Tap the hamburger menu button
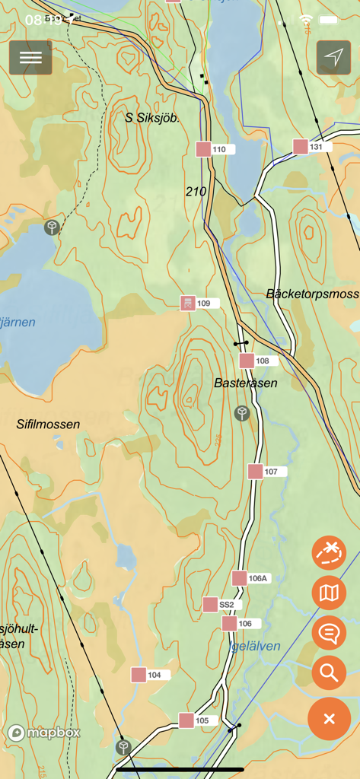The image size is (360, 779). (30, 58)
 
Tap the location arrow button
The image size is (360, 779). (333, 58)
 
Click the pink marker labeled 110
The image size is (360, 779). (203, 149)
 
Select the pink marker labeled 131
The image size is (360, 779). (301, 147)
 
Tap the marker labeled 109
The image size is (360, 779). (188, 304)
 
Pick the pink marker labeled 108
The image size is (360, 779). (247, 361)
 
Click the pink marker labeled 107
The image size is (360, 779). (255, 472)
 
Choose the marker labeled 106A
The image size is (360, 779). (240, 578)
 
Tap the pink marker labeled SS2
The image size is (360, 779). (210, 605)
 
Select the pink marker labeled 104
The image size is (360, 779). (139, 675)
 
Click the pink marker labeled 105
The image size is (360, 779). (186, 720)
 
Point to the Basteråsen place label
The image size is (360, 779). (246, 383)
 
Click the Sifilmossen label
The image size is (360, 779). (48, 424)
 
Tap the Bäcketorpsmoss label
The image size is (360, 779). (312, 294)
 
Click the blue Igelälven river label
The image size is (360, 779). (255, 647)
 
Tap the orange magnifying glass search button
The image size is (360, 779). (329, 672)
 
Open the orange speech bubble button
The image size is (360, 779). (329, 632)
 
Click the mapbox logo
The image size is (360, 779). (44, 733)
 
